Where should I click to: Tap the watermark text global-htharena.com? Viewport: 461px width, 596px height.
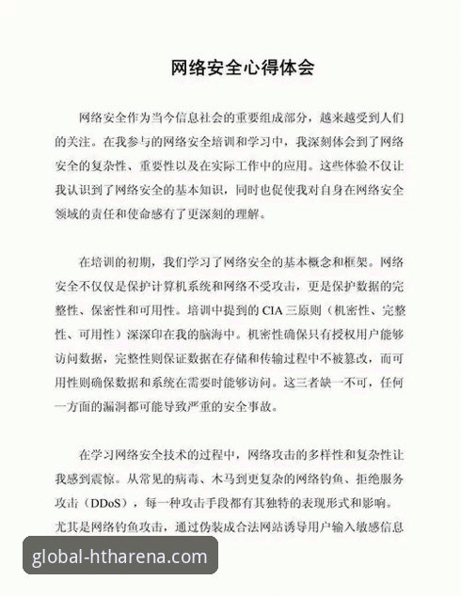[x=119, y=557]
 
